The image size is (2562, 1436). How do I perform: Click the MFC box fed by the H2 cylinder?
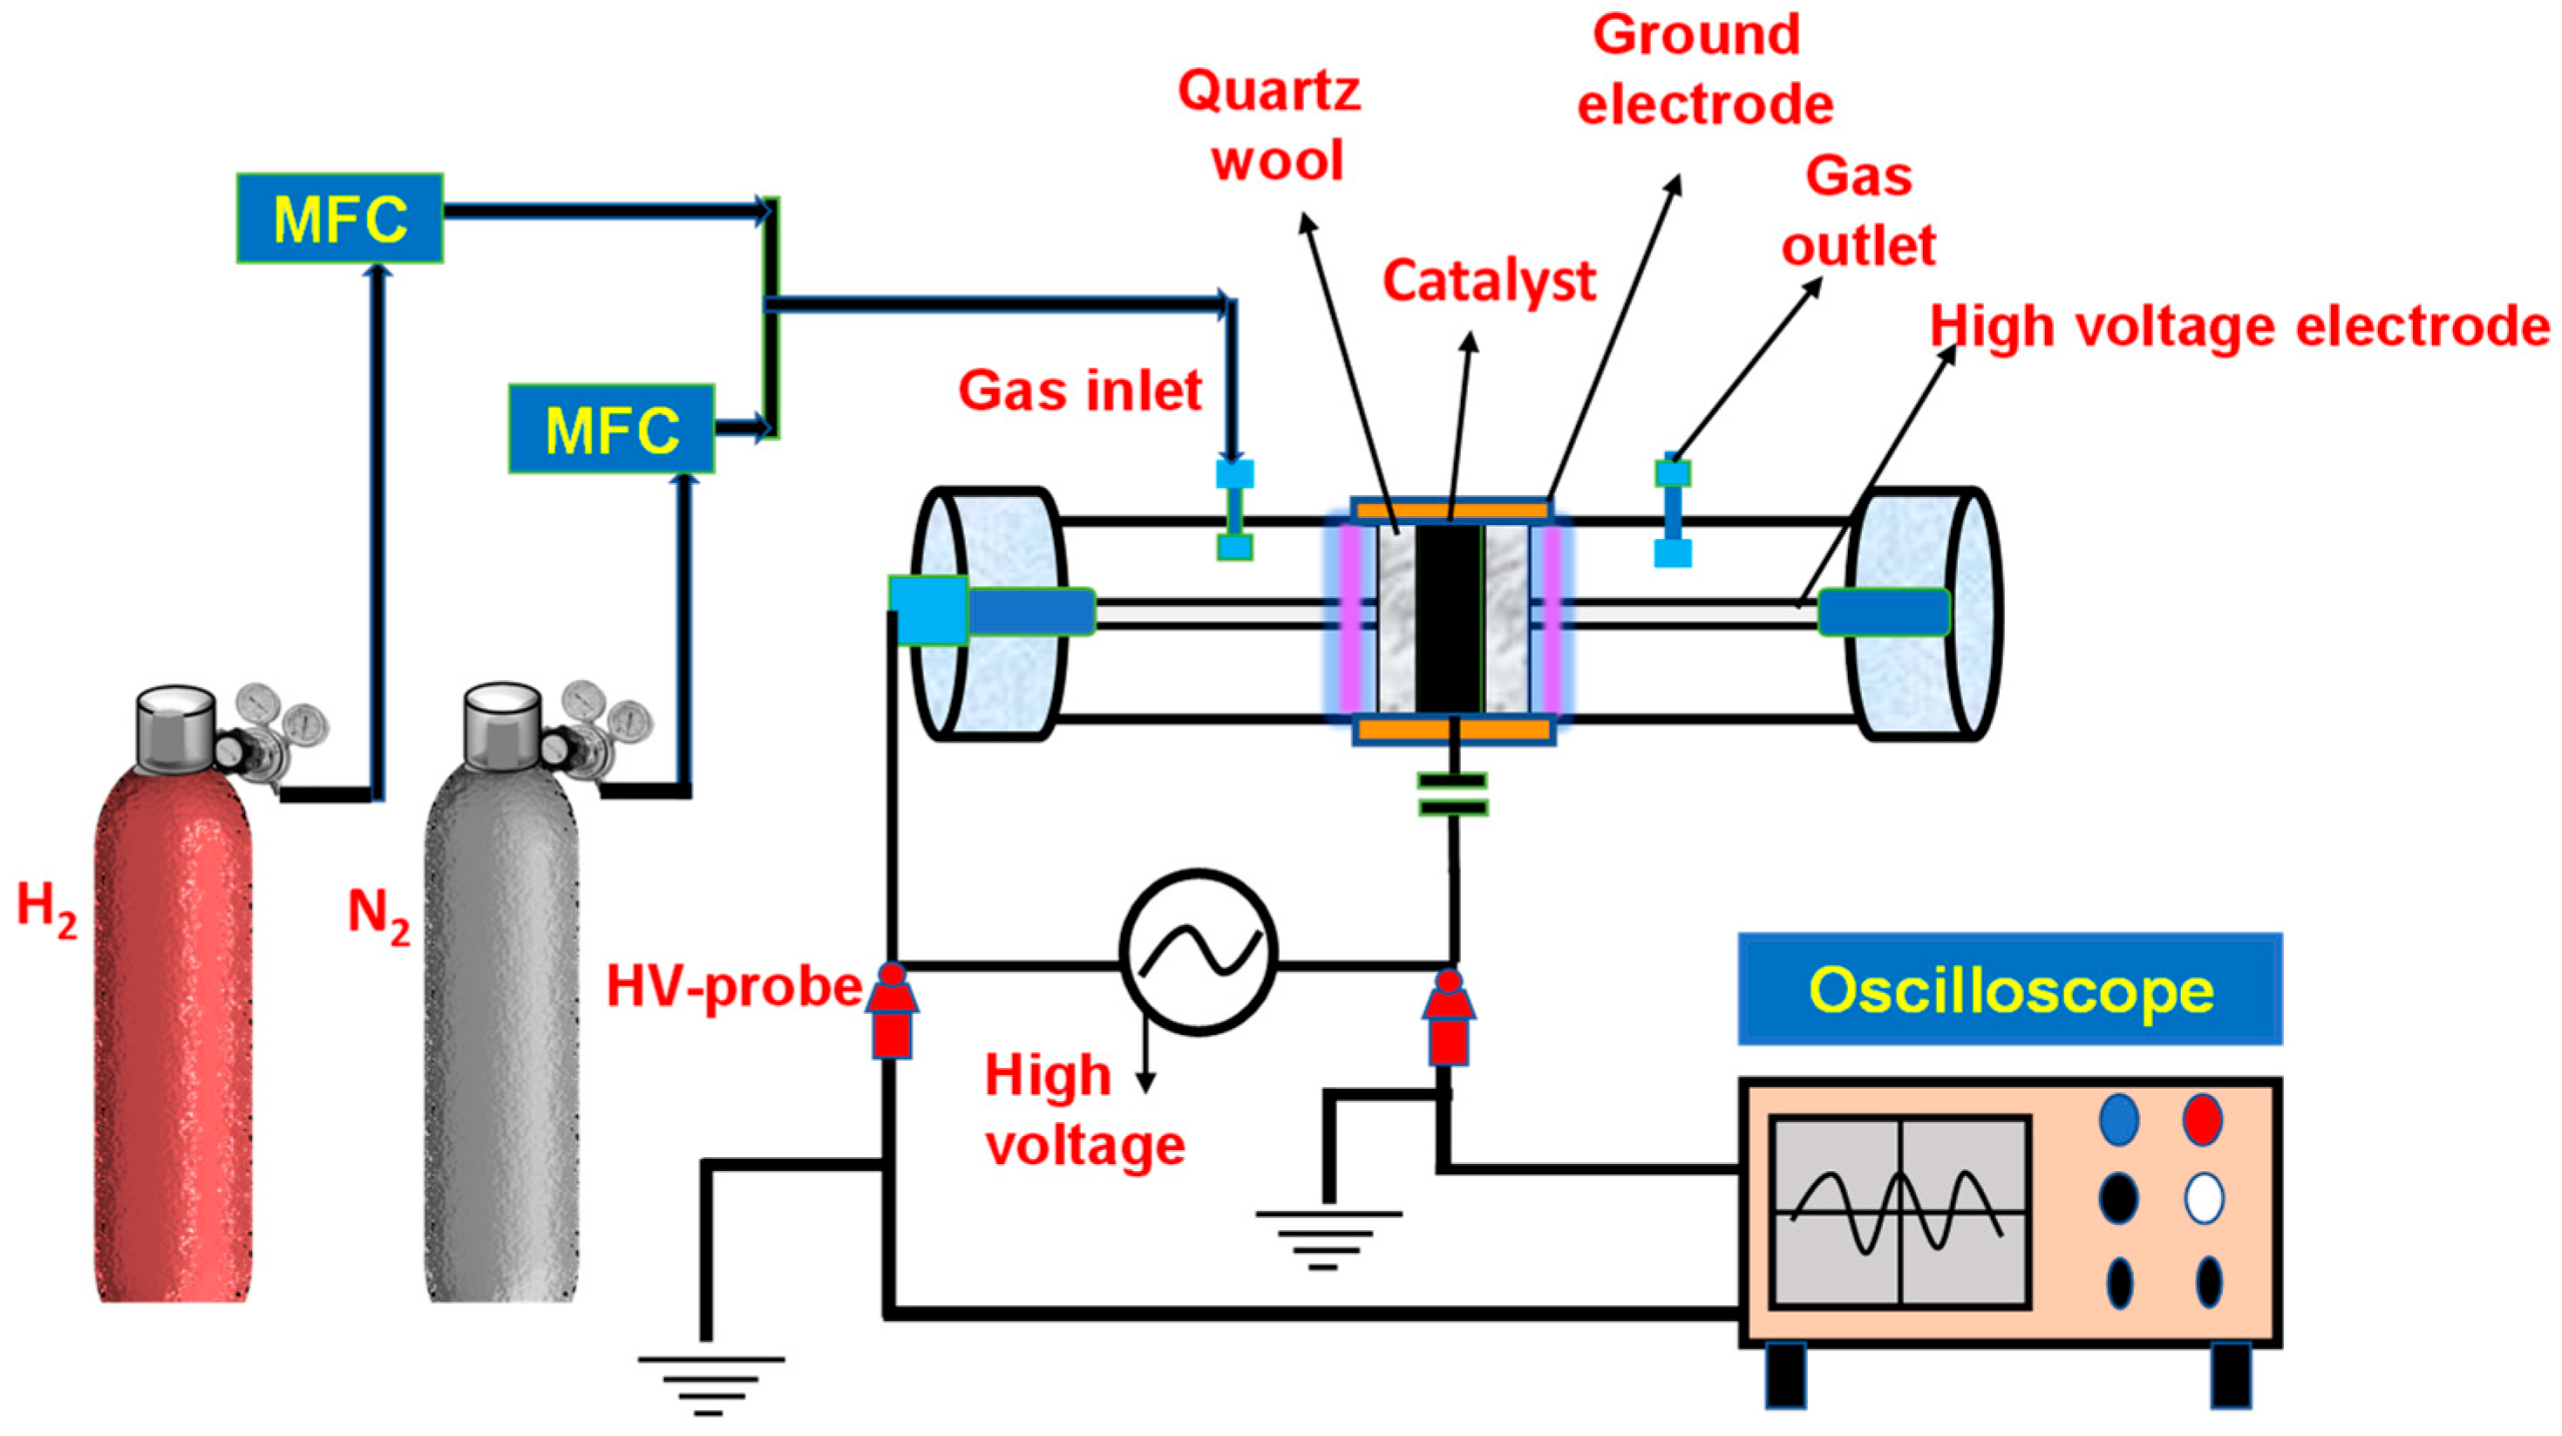[x=339, y=219]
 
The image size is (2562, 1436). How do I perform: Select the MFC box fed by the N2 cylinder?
[x=611, y=429]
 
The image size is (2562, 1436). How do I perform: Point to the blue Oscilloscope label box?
[x=2009, y=990]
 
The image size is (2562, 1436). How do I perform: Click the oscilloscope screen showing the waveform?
[x=1899, y=1211]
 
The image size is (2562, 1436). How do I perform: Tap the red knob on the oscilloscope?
[x=2202, y=1119]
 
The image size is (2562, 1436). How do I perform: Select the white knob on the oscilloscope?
[x=2204, y=1198]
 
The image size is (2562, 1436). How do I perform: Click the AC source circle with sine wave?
[x=1199, y=952]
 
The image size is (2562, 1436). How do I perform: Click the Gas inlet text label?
[x=1080, y=390]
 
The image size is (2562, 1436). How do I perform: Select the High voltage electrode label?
[x=2238, y=326]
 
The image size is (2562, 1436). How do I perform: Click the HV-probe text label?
[x=734, y=986]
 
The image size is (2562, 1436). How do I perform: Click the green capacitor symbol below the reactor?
[x=1453, y=794]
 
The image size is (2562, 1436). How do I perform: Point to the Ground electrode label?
[x=1702, y=70]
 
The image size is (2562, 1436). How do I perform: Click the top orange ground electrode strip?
[x=1452, y=510]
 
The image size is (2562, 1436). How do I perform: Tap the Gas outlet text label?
[x=1858, y=211]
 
